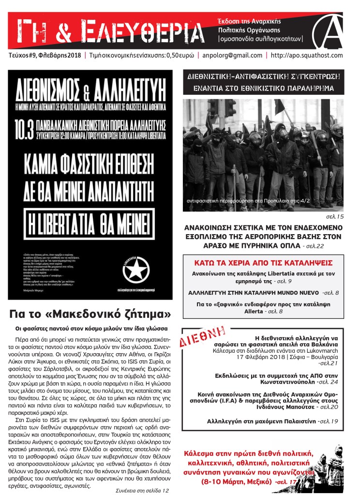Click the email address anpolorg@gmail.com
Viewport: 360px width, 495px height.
(x=230, y=55)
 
